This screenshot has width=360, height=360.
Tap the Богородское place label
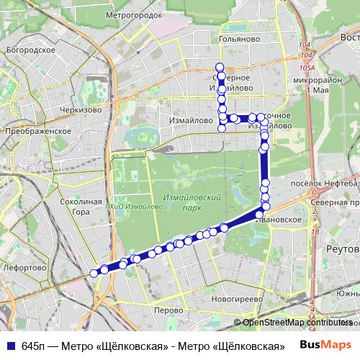pos(30,50)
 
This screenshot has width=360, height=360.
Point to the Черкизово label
pos(80,110)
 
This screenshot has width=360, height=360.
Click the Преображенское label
pos(37,132)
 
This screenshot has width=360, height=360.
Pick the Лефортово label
pos(24,267)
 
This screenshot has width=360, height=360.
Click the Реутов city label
pos(342,248)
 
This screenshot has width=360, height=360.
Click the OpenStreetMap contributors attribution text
pos(297,323)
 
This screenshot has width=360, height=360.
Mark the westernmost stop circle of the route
pos(94,273)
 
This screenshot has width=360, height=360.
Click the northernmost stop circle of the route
pos(220,66)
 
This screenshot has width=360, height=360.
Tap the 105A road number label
pos(308,68)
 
